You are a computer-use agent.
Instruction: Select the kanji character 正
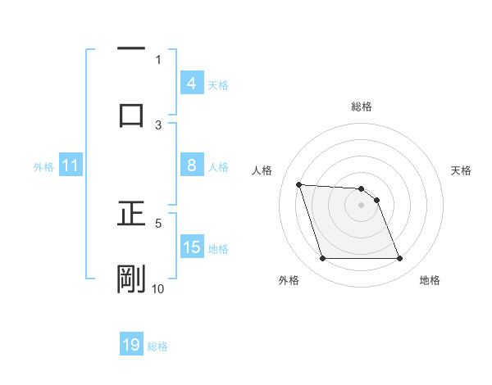(131, 215)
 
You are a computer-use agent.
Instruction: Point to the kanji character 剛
(131, 279)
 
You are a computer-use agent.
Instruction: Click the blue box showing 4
(191, 84)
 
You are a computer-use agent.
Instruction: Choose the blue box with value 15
(192, 247)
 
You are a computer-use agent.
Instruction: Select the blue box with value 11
(70, 166)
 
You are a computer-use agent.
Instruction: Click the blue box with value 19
(131, 345)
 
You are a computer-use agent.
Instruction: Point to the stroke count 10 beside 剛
(158, 288)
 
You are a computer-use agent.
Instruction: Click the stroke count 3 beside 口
(159, 125)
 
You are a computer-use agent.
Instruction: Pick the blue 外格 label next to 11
(43, 167)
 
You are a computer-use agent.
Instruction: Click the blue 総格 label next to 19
(157, 346)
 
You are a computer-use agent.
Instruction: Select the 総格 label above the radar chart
(362, 106)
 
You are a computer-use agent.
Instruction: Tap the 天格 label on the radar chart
(462, 170)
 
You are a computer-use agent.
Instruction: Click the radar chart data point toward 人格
(298, 184)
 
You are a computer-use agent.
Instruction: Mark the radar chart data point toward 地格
(399, 259)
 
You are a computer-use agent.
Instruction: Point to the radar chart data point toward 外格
(322, 259)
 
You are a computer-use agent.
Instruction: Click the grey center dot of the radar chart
(362, 205)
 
